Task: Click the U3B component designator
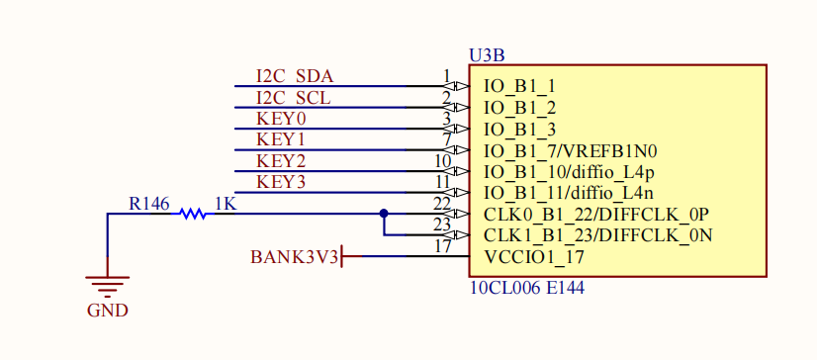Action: tap(487, 55)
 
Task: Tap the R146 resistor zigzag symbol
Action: tap(193, 213)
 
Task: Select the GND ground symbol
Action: tap(108, 287)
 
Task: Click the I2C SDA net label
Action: tap(295, 76)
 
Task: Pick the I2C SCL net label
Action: tap(294, 98)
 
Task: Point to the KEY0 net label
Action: tap(281, 120)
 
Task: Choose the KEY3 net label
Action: tap(281, 183)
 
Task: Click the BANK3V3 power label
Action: tap(295, 257)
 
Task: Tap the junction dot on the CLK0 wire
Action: tap(384, 213)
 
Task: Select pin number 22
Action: tap(442, 204)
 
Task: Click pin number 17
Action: tap(442, 247)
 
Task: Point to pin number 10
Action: tap(442, 161)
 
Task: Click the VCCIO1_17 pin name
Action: tap(534, 257)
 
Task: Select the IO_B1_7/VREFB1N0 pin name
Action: tap(571, 151)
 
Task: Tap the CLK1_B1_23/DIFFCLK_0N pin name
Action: tap(598, 236)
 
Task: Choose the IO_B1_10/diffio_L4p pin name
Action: tap(569, 172)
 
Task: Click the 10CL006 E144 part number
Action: tap(527, 288)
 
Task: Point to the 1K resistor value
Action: tap(226, 204)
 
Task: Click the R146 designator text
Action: tap(149, 204)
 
